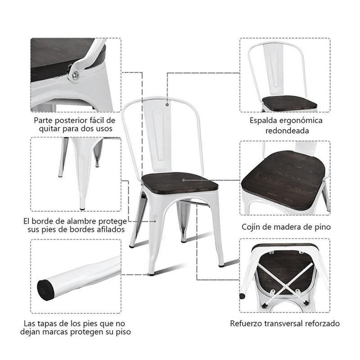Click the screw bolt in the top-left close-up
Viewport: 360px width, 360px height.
pyautogui.click(x=76, y=75)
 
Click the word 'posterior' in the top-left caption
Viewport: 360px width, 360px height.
pyautogui.click(x=73, y=120)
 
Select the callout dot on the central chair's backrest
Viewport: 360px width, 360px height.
pyautogui.click(x=167, y=105)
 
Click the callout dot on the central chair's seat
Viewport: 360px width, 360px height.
pyautogui.click(x=183, y=180)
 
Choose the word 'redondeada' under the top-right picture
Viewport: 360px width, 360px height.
pyautogui.click(x=286, y=131)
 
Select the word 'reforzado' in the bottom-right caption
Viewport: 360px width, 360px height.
pyautogui.click(x=322, y=324)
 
